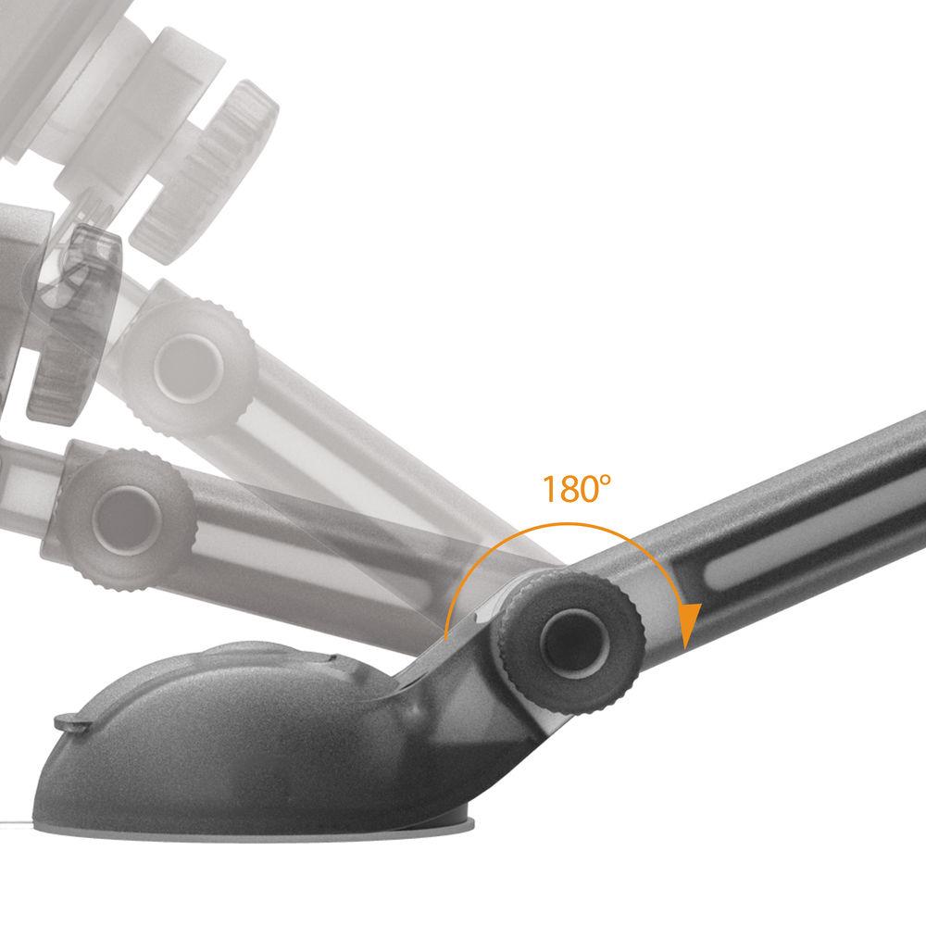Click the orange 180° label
tap(572, 488)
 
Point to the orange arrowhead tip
tap(687, 647)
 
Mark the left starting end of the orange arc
tap(445, 639)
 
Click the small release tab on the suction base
tap(69, 721)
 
